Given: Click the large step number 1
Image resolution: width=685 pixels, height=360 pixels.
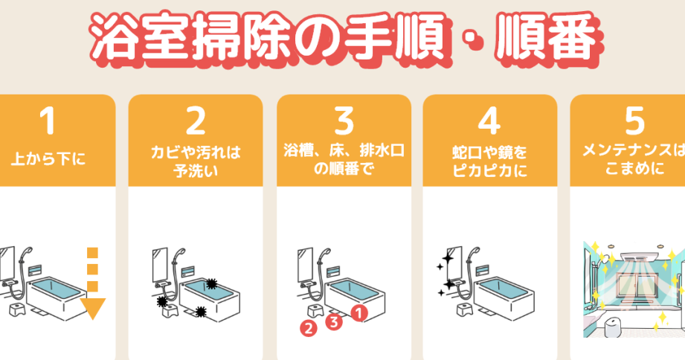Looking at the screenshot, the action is tap(48, 120).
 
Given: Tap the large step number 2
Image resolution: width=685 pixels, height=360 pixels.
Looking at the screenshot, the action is tap(196, 121).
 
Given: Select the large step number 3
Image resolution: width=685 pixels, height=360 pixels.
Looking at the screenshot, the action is tap(344, 121).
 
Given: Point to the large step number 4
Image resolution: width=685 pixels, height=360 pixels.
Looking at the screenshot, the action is tap(489, 121).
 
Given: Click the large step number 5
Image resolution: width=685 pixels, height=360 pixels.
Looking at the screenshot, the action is tap(634, 121).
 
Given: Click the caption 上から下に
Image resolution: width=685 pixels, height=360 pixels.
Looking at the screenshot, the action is tap(48, 158).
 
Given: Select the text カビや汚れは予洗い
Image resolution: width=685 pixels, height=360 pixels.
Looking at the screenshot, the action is tap(196, 161).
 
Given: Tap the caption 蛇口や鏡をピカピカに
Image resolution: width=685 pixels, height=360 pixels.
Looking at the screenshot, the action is tap(489, 161).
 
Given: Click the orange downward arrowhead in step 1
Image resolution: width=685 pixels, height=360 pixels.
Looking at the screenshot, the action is tap(93, 308).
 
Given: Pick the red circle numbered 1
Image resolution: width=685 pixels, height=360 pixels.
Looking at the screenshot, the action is tap(359, 313).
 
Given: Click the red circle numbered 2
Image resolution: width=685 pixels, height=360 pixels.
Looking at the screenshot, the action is tap(309, 328).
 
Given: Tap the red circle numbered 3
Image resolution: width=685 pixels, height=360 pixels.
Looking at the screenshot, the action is tap(334, 322).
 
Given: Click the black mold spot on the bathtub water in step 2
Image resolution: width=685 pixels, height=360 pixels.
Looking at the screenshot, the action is tap(211, 284).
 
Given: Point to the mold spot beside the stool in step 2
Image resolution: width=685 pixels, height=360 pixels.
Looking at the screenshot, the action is tap(163, 301).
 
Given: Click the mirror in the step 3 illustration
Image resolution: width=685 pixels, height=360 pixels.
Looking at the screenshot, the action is tap(304, 265).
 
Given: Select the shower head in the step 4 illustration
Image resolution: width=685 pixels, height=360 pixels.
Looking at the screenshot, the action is tap(475, 253).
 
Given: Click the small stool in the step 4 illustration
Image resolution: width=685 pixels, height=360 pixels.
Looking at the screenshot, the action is tap(464, 309).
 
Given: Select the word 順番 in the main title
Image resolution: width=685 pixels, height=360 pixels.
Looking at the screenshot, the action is tap(547, 38).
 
